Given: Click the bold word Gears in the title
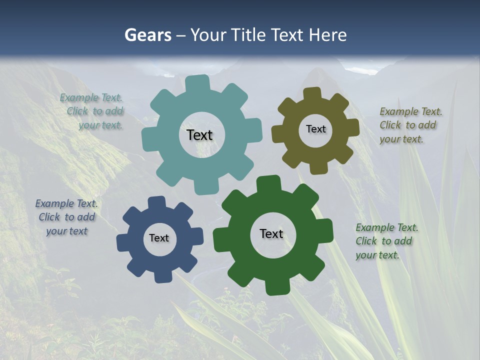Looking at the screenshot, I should [x=147, y=35].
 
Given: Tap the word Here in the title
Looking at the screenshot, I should [x=327, y=35].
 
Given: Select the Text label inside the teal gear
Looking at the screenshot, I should [x=199, y=135].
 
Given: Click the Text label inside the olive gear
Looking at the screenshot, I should [x=315, y=129].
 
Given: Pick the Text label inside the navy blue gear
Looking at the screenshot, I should [x=159, y=238].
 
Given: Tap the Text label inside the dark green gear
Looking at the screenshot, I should [x=271, y=233].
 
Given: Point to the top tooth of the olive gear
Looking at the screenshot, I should [x=312, y=93].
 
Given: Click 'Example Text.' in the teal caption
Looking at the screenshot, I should [x=91, y=97].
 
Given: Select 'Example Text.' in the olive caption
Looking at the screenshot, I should [x=410, y=111].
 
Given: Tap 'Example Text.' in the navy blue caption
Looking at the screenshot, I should [x=66, y=203].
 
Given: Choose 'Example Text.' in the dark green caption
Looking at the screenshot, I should [x=386, y=227].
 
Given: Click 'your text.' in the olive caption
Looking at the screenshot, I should [x=401, y=139].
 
